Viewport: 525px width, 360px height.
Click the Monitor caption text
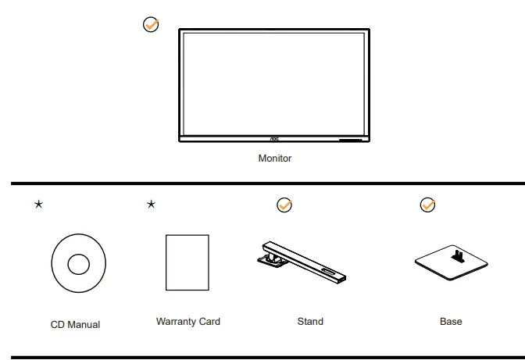click(x=274, y=159)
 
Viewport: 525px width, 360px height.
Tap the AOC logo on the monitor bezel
click(x=274, y=140)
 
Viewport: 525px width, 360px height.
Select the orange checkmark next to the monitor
click(x=151, y=25)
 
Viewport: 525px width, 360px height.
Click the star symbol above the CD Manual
click(x=37, y=205)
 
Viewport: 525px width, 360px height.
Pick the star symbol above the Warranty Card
click(x=151, y=205)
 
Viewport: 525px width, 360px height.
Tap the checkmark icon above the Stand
click(x=284, y=205)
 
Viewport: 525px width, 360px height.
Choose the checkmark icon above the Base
click(x=427, y=205)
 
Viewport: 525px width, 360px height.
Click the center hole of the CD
click(x=78, y=265)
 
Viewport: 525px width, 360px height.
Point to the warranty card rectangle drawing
click(x=187, y=262)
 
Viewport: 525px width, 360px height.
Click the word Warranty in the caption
click(x=177, y=321)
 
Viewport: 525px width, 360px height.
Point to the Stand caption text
click(x=310, y=321)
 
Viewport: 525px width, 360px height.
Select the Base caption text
click(x=451, y=321)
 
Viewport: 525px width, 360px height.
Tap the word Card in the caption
click(x=209, y=321)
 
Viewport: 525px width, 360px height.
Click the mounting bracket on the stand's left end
click(x=270, y=254)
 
